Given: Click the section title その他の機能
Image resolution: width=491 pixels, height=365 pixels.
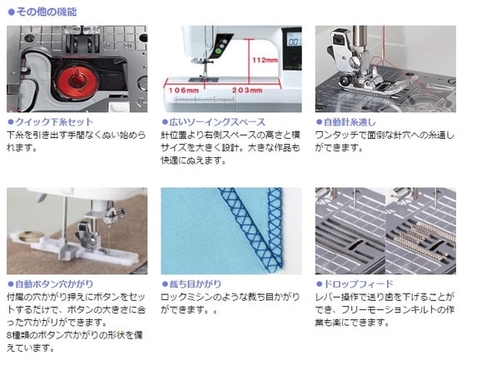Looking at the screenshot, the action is [47, 12].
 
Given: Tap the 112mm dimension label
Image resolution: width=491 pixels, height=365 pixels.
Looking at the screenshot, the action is [265, 60].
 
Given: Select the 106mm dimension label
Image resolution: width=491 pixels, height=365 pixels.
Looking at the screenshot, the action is [184, 91].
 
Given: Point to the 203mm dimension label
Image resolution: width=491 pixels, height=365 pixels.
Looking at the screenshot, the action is [247, 91].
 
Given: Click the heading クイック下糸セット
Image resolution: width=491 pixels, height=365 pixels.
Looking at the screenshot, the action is [54, 122].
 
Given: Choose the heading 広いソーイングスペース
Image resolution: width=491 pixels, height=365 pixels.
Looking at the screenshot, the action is [217, 122].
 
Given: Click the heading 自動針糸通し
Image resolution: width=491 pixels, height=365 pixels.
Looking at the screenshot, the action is [350, 122].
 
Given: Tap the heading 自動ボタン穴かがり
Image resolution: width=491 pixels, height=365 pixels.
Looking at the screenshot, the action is [54, 284].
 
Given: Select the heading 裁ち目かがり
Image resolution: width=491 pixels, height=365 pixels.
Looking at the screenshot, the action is [195, 284].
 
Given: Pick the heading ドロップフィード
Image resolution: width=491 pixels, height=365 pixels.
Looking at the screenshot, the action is [358, 284].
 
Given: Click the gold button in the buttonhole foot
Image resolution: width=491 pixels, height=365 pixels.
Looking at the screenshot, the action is [31, 236].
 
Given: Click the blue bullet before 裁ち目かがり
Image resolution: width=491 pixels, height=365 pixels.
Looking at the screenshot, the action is [165, 284].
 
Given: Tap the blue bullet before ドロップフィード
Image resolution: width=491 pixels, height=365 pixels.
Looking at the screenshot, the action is [319, 284].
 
